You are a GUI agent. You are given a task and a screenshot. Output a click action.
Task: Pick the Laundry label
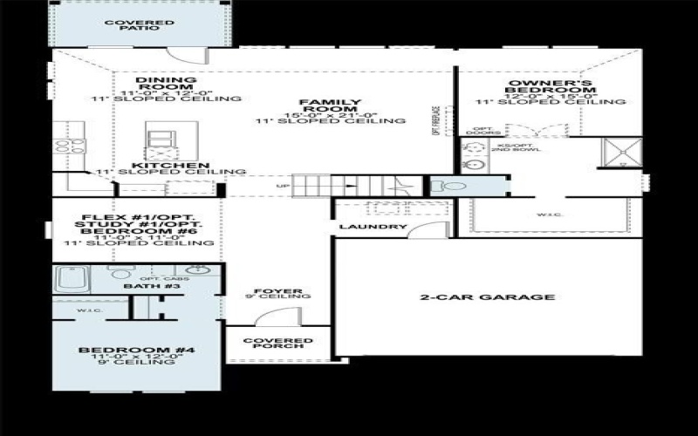(x=373, y=228)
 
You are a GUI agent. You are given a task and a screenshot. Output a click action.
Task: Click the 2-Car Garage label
(x=487, y=297)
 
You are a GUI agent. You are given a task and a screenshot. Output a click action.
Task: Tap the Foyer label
(x=278, y=291)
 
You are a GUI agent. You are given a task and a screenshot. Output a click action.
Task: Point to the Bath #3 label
(x=140, y=286)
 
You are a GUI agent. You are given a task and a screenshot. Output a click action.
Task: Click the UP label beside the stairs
(x=281, y=186)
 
